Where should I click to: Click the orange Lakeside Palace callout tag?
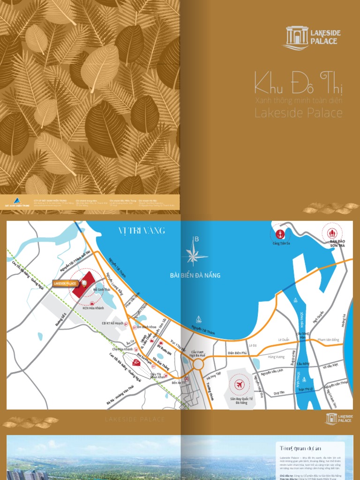65,284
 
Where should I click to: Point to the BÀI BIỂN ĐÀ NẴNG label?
195,276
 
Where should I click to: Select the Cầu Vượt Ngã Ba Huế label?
198,353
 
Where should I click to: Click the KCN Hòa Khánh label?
93,308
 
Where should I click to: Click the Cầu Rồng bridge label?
304,364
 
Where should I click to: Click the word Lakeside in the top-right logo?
325,33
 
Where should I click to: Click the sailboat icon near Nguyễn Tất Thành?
199,320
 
